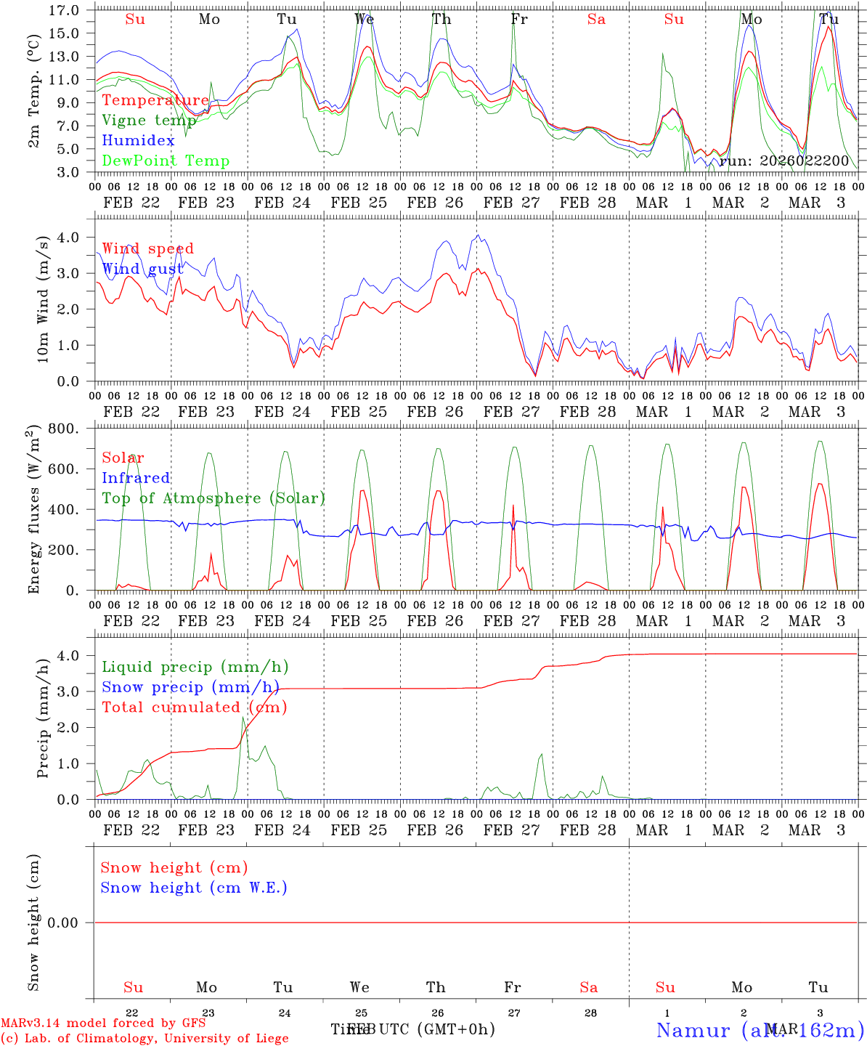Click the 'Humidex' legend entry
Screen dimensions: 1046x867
[x=138, y=141]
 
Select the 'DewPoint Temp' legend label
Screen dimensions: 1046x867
[x=166, y=161]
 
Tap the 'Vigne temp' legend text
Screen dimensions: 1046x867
[x=149, y=121]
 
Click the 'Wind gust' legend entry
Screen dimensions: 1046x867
[x=142, y=269]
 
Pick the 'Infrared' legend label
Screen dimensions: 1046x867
[x=136, y=478]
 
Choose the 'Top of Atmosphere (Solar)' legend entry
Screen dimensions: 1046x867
[x=213, y=498]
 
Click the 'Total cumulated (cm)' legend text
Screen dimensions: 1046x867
[x=194, y=708]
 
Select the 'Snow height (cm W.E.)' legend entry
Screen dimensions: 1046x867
[x=194, y=888]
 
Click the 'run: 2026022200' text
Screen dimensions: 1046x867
[x=784, y=161]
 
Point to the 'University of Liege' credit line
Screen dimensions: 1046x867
[x=145, y=1039]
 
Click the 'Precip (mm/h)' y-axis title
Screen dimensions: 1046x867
[x=44, y=729]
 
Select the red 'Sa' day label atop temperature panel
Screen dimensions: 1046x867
[x=596, y=20]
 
